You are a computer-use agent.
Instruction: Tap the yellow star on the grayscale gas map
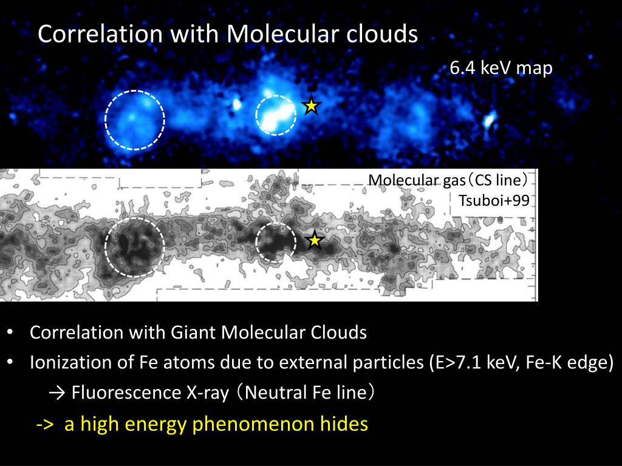point(314,241)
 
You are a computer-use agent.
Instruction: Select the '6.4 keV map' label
point(501,69)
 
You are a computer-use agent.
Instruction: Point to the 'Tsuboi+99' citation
point(493,201)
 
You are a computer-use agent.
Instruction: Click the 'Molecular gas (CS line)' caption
point(448,180)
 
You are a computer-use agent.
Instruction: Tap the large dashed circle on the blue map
point(135,120)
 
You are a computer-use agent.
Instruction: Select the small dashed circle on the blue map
point(276,115)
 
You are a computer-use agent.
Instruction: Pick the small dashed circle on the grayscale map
point(276,242)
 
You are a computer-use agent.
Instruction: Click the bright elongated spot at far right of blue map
point(489,119)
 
